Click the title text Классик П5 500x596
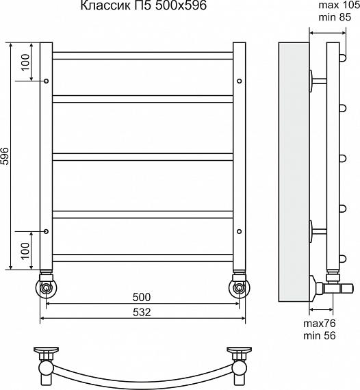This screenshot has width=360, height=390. (x=144, y=5)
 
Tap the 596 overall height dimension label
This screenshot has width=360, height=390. (x=5, y=156)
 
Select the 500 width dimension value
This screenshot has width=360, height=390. (x=142, y=297)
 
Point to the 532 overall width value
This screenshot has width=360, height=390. (x=142, y=312)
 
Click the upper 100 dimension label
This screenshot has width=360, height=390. (x=25, y=63)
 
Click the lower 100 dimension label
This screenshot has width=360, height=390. (x=25, y=251)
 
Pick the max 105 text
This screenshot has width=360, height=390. (x=339, y=5)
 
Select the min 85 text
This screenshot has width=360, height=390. (x=335, y=17)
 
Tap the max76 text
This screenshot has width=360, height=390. (x=320, y=324)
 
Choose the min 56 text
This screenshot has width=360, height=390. (x=320, y=335)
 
